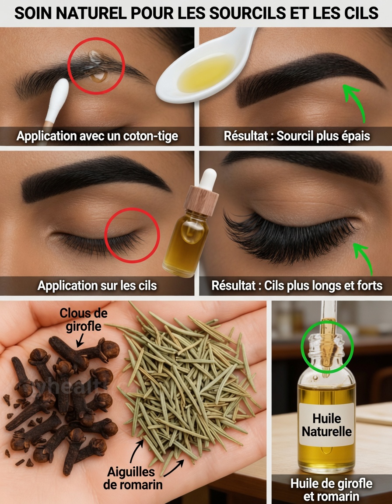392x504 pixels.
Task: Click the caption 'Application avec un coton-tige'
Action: pyautogui.click(x=97, y=136)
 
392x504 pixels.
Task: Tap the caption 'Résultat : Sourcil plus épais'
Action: pyautogui.click(x=297, y=136)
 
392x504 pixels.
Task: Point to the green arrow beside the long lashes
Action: pyautogui.click(x=364, y=258)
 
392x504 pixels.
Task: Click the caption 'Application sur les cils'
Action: pyautogui.click(x=97, y=286)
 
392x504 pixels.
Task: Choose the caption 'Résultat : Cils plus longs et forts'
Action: pyautogui.click(x=297, y=286)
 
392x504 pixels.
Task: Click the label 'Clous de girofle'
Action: pyautogui.click(x=84, y=319)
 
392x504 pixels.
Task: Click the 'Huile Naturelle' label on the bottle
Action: pyautogui.click(x=327, y=425)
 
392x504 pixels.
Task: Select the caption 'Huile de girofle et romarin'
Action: pyautogui.click(x=331, y=489)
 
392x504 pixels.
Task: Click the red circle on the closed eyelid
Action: pyautogui.click(x=132, y=235)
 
